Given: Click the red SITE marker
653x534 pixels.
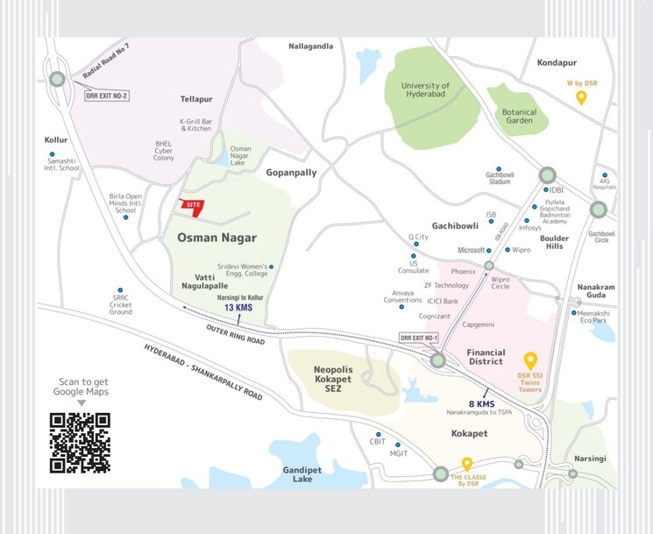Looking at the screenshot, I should click(x=190, y=205).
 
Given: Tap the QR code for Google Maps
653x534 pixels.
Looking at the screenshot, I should click(x=80, y=443).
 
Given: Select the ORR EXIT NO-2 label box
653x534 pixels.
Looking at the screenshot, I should click(x=106, y=96).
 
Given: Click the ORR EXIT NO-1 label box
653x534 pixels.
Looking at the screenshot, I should click(x=417, y=338).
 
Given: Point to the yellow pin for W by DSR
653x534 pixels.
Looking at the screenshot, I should click(x=580, y=97).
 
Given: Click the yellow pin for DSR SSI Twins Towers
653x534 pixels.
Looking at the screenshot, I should click(x=529, y=360).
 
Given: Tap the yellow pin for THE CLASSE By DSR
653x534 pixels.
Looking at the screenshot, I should click(x=467, y=464).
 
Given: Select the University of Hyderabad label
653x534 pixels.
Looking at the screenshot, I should click(x=425, y=90).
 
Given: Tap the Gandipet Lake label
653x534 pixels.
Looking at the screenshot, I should click(x=302, y=474).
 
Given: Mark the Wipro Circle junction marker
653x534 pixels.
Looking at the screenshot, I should click(x=489, y=265).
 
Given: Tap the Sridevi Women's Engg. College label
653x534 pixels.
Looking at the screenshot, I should click(x=242, y=270).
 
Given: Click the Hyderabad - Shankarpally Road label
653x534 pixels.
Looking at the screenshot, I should click(x=203, y=373).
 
